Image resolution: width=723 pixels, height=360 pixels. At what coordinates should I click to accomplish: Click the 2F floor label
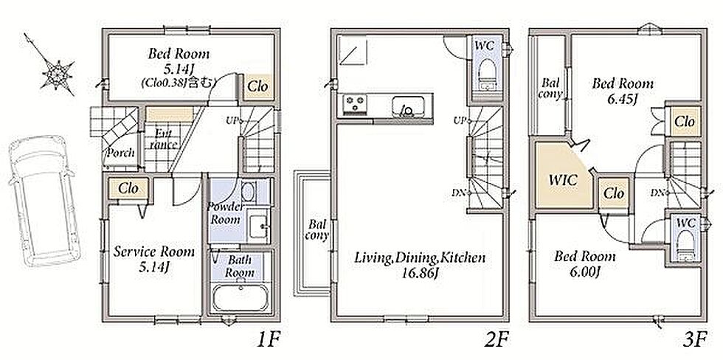point(498,341)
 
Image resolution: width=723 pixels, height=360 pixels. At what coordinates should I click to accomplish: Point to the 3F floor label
point(695,341)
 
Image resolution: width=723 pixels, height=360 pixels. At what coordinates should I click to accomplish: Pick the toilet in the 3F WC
point(685,245)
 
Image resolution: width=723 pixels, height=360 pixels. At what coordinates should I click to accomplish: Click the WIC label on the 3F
point(562,180)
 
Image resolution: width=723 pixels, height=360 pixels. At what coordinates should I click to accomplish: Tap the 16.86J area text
point(419,274)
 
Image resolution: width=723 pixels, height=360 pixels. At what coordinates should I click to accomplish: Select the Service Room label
point(154,252)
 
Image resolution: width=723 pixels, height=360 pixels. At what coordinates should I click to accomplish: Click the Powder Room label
point(225,212)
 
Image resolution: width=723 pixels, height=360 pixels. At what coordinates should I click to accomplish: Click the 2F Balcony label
point(318,229)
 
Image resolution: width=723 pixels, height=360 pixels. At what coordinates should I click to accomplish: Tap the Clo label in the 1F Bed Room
point(257,86)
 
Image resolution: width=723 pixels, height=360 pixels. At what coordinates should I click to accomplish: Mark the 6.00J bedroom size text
point(584,272)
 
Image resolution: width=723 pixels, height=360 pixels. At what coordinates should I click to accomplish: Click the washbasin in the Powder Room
point(257,226)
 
